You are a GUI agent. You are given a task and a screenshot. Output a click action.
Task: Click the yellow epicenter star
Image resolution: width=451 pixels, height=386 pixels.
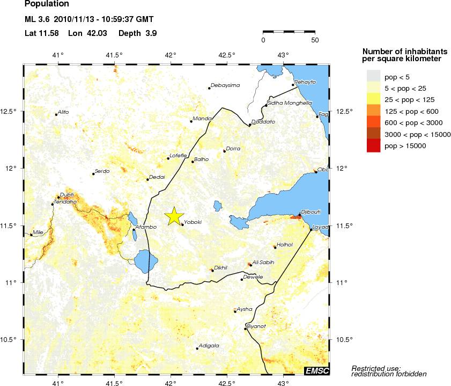(x=174, y=216)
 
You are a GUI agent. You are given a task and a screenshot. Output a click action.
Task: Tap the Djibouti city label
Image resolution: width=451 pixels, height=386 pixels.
(x=311, y=212)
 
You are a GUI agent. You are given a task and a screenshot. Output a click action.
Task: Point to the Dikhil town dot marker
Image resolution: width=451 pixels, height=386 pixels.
(x=212, y=271)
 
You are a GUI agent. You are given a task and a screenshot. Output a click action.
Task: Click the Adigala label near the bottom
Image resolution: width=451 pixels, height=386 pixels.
(x=209, y=345)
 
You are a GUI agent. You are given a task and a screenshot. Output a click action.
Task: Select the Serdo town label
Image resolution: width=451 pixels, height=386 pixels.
(x=102, y=171)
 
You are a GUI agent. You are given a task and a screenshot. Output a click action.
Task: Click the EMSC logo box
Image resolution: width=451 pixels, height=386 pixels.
(x=316, y=371)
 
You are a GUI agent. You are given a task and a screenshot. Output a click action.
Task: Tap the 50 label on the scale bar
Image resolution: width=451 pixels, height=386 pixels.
(x=315, y=40)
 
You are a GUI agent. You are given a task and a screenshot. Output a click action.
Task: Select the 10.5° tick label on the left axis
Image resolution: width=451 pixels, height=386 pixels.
(x=11, y=339)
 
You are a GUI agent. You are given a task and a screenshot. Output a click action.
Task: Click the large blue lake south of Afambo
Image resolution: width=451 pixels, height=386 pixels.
(x=145, y=261)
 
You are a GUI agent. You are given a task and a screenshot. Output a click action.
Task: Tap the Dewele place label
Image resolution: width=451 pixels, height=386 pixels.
(x=253, y=277)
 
